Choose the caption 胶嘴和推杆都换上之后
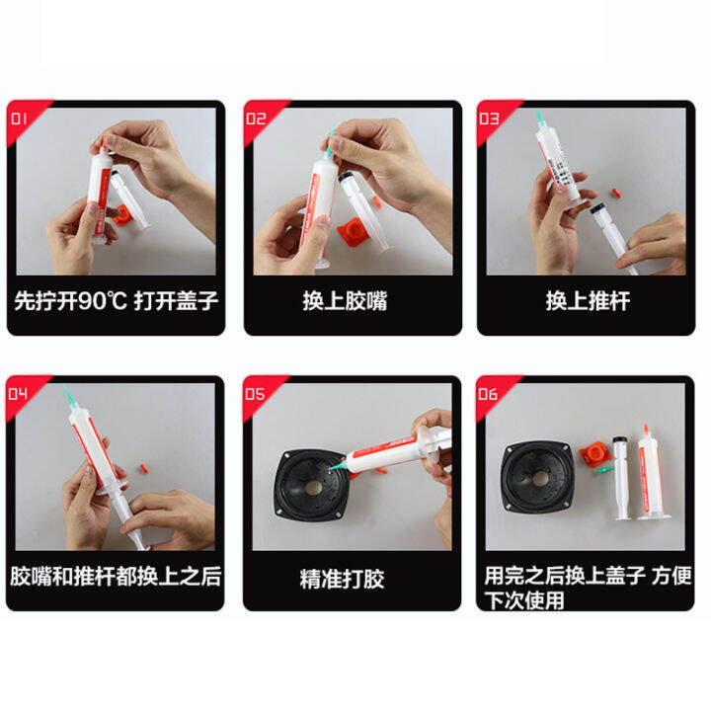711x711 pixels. pos(116,576)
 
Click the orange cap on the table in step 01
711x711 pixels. pos(122,216)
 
